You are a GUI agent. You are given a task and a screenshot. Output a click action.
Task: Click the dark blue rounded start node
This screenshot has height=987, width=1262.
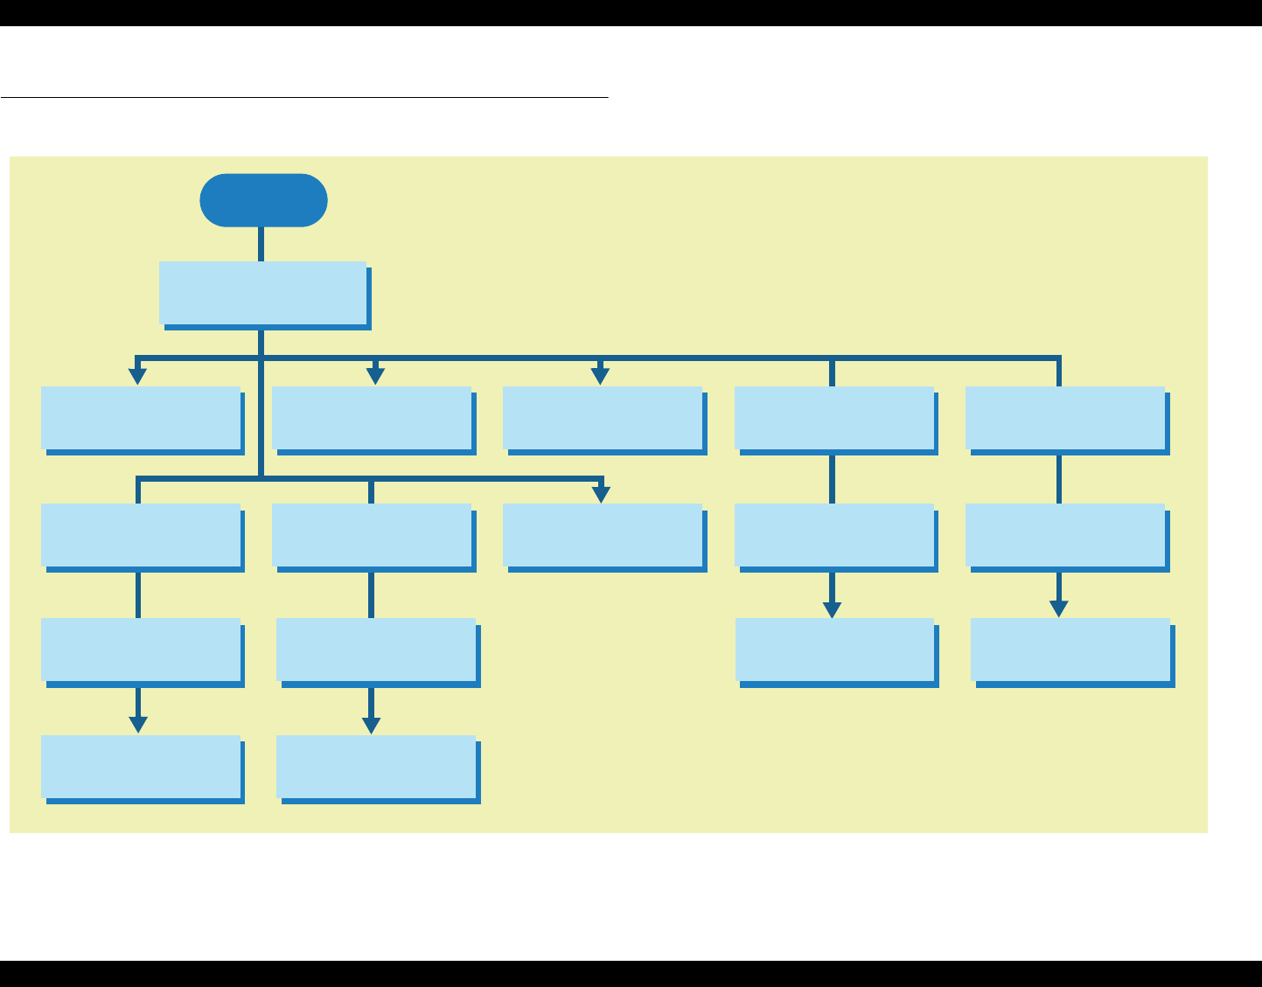pyautogui.click(x=263, y=200)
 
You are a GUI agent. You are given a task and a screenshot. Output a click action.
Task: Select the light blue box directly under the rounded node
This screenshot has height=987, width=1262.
pyautogui.click(x=262, y=293)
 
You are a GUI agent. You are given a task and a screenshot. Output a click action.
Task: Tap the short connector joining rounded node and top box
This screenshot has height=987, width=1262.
pyautogui.click(x=261, y=244)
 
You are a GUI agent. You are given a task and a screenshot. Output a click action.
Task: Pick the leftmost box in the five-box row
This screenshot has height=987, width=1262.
pyautogui.click(x=141, y=418)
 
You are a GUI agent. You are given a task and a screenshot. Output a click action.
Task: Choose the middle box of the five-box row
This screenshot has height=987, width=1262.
pyautogui.click(x=603, y=418)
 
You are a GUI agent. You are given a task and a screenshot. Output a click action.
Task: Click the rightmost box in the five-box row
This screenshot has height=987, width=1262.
pyautogui.click(x=1065, y=418)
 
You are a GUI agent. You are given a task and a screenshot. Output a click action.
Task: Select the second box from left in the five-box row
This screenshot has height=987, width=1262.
pyautogui.click(x=372, y=418)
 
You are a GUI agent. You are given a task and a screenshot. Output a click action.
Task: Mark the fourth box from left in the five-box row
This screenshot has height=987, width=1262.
pyautogui.click(x=834, y=418)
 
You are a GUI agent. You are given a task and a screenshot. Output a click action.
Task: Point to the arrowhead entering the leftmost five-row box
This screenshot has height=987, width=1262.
pyautogui.click(x=137, y=376)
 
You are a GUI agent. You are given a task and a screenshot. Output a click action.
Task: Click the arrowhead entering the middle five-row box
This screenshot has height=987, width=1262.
pyautogui.click(x=600, y=376)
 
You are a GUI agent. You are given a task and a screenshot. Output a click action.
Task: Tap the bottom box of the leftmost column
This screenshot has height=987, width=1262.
pyautogui.click(x=141, y=767)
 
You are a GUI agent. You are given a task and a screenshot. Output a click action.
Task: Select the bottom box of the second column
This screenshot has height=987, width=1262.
pyautogui.click(x=376, y=767)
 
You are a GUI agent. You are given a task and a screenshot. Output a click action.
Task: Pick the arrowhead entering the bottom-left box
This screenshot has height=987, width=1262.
pyautogui.click(x=138, y=725)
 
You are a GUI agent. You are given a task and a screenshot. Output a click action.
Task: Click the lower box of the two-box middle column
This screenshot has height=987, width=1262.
pyautogui.click(x=603, y=535)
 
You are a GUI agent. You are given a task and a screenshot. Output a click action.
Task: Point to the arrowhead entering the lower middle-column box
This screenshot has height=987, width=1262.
pyautogui.click(x=601, y=494)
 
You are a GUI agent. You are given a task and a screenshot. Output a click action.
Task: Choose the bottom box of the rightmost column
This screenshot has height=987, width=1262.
pyautogui.click(x=1070, y=650)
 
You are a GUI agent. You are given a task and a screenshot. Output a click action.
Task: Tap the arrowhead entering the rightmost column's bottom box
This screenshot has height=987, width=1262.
pyautogui.click(x=1059, y=608)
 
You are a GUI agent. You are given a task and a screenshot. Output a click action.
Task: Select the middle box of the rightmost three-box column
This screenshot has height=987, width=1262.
pyautogui.click(x=1065, y=535)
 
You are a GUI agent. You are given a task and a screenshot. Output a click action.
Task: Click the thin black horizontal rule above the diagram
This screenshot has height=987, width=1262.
pyautogui.click(x=304, y=97)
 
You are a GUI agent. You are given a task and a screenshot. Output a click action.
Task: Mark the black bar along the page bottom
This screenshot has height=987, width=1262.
pyautogui.click(x=631, y=974)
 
